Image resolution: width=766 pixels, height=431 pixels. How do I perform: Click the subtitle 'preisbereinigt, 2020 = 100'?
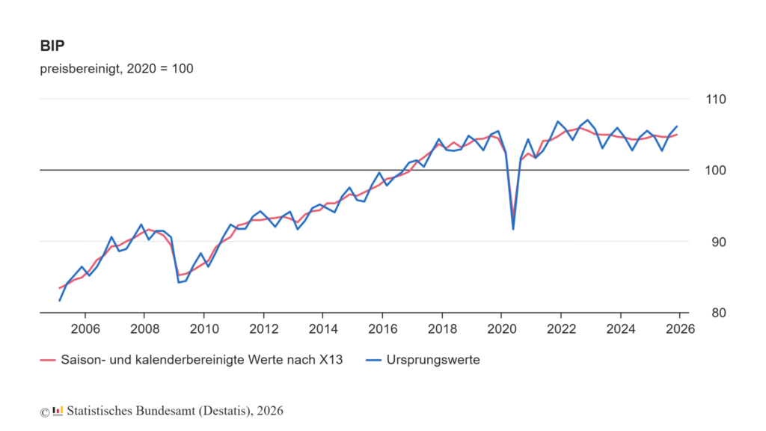pyautogui.click(x=117, y=69)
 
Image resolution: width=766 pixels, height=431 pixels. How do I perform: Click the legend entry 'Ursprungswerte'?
pyautogui.click(x=433, y=360)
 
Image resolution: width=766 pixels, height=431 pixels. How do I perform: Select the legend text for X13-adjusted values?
pyautogui.click(x=202, y=360)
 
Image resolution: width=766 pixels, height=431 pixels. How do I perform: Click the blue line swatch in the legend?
pyautogui.click(x=374, y=360)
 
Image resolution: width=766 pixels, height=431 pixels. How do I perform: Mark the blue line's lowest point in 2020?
pyautogui.click(x=513, y=229)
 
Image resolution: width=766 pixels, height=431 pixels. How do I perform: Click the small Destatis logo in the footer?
pyautogui.click(x=58, y=411)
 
